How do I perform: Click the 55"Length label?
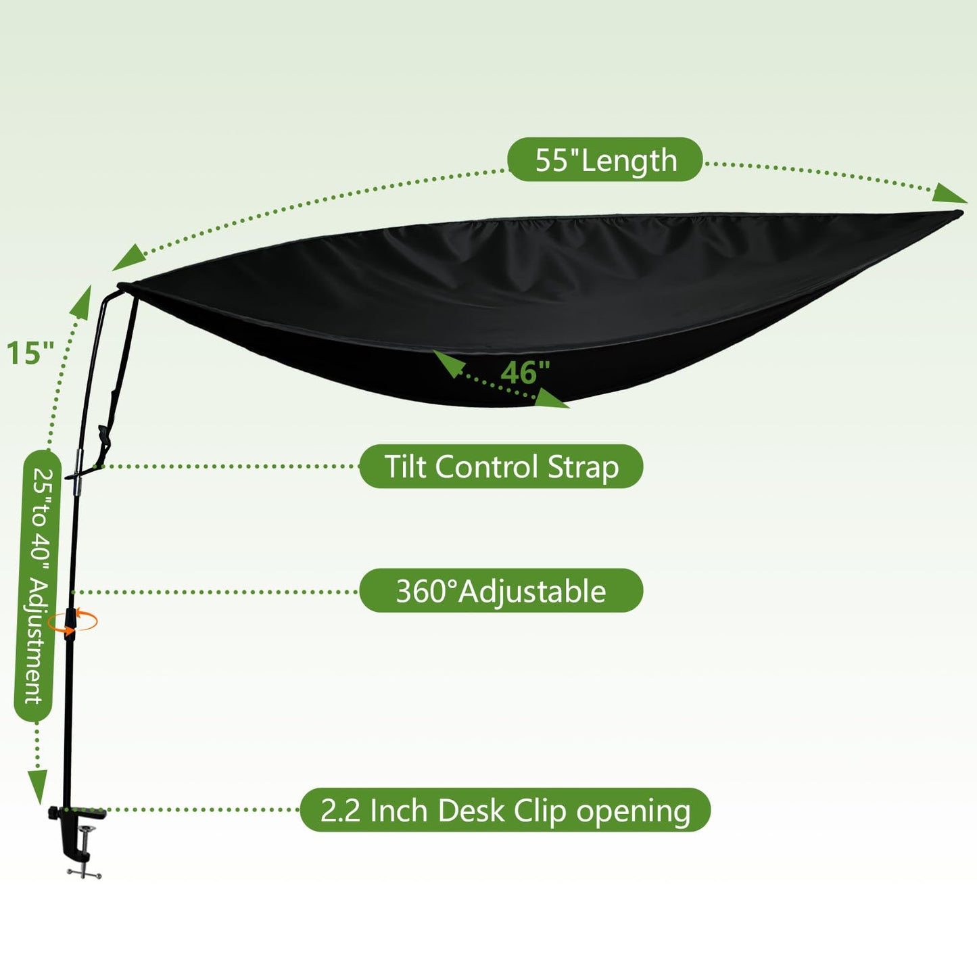[x=605, y=160]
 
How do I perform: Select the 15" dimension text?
[x=30, y=353]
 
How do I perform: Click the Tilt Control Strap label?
[x=501, y=467]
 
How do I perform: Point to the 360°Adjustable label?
[x=501, y=591]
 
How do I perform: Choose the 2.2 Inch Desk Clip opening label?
[x=505, y=810]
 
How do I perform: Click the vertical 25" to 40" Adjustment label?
[x=37, y=586]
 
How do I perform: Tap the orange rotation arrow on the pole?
[x=72, y=621]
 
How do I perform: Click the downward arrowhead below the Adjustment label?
[x=37, y=787]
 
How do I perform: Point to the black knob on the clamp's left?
[x=53, y=813]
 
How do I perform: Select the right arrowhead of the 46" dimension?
[x=552, y=398]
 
